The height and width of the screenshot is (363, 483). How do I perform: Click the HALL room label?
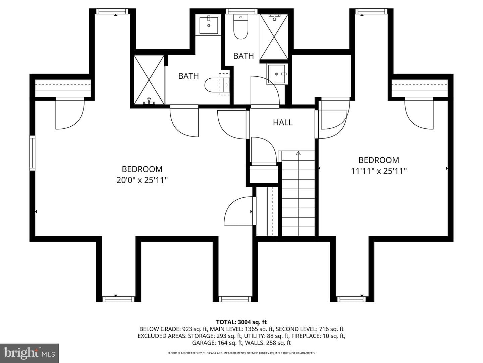(283, 122)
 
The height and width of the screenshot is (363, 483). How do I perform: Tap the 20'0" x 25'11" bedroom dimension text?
(142, 180)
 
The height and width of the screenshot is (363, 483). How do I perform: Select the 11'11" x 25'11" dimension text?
(379, 171)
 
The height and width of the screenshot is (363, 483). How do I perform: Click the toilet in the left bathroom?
(217, 85)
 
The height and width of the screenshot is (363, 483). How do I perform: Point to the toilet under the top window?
(241, 27)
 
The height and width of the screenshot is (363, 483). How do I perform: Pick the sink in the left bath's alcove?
(209, 25)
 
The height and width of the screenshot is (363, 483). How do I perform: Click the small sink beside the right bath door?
(277, 74)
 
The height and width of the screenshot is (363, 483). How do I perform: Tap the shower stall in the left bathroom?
(149, 80)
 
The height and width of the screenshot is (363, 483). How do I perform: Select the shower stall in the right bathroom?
(274, 37)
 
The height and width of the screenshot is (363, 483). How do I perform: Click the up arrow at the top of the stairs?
(298, 153)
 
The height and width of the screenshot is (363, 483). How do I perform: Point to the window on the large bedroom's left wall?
(32, 153)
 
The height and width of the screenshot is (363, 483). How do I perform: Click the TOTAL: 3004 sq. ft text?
(241, 322)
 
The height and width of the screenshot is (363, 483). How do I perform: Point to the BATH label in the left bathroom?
(189, 76)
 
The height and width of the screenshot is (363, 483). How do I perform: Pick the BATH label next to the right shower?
(244, 56)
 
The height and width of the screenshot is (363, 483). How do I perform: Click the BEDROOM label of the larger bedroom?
(142, 169)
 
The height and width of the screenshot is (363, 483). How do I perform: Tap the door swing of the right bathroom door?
(265, 90)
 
